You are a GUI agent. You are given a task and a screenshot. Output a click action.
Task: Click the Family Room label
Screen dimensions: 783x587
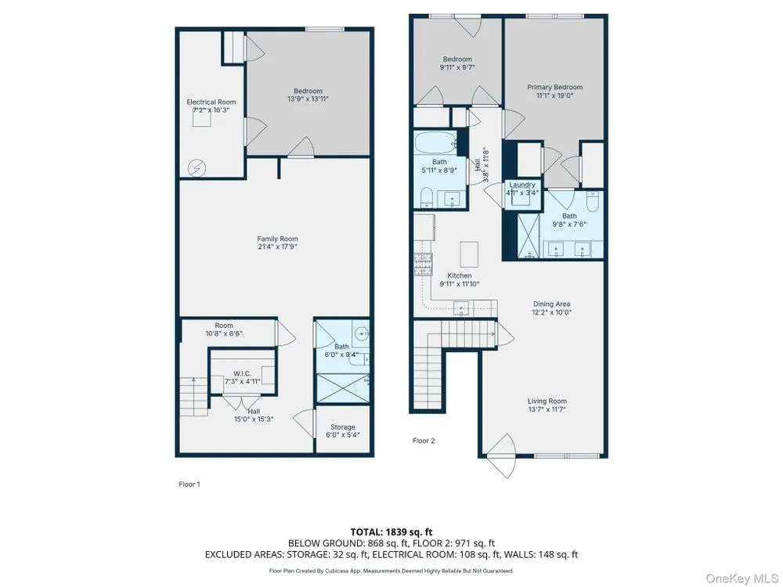coord(277,239)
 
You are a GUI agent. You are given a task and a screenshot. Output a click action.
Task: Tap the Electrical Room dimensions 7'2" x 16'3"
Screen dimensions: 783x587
coord(211,110)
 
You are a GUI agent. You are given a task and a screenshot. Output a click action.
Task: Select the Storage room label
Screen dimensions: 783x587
coord(343,427)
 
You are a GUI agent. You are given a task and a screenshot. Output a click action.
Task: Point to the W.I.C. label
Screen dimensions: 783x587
coord(242,373)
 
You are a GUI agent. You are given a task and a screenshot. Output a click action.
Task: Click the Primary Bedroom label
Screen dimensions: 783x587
coord(555,87)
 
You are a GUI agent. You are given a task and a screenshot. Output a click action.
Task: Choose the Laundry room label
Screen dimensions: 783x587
coord(521,185)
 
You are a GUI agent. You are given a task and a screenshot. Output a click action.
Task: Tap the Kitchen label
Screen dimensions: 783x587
coord(460,275)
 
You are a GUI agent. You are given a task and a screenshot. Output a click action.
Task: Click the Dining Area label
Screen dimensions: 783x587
coord(551,304)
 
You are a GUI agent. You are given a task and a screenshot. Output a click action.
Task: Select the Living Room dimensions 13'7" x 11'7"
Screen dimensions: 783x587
coord(547,409)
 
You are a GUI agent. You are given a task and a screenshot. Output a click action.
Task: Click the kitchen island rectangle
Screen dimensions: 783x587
coord(469,254)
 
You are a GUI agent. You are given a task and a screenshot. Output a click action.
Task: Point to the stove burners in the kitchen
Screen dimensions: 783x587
coord(423,264)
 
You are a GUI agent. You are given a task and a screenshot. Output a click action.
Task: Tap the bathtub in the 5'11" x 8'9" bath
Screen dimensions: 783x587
coord(436,142)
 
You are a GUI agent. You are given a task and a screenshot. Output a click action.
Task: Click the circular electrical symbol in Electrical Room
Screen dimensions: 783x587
coord(197,169)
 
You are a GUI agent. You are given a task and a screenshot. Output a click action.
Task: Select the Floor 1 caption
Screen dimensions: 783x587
coord(189,484)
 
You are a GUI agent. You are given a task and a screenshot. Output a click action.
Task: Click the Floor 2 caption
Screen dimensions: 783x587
coord(424,441)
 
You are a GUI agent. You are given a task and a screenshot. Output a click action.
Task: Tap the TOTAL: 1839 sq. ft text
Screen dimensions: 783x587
coord(388,532)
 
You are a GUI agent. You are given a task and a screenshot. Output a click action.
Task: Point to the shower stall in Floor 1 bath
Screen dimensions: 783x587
coord(343,388)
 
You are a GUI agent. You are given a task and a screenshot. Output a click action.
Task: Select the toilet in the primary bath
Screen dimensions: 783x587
coord(593,202)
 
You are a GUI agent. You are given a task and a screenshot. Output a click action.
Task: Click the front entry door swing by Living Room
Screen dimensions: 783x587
coord(501,456)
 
